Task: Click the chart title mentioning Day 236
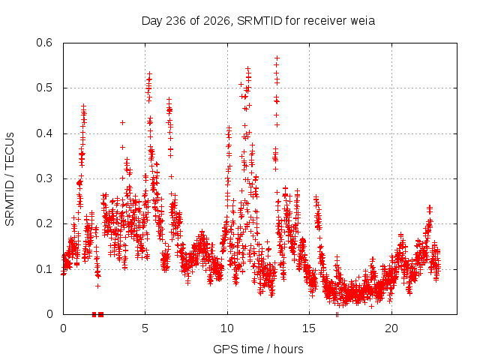click(258, 21)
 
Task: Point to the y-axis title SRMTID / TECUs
click(10, 179)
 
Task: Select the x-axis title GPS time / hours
click(258, 349)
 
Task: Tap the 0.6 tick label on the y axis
click(44, 43)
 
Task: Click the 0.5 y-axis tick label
click(44, 88)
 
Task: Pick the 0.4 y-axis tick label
click(44, 133)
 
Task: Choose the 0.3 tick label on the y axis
click(44, 178)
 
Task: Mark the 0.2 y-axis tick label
click(44, 223)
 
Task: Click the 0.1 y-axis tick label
click(44, 269)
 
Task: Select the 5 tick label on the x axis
click(145, 328)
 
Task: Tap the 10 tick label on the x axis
click(227, 328)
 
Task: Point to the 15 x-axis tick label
click(309, 328)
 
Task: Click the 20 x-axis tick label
click(391, 328)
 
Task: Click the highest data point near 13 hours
click(277, 58)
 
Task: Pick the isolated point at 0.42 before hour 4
click(122, 123)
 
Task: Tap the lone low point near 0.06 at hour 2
click(97, 286)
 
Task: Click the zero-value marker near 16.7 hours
click(337, 314)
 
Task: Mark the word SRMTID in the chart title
click(259, 21)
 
